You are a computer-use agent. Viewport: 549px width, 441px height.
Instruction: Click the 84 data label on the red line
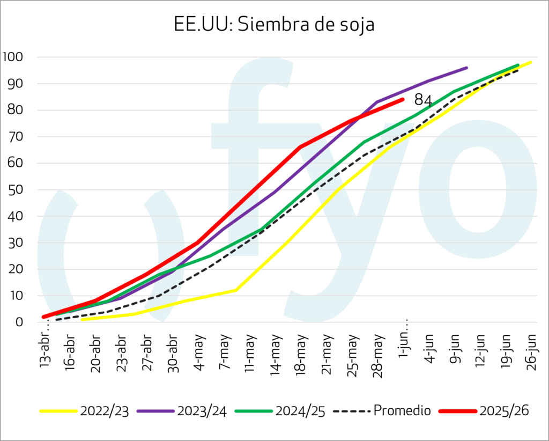(423, 100)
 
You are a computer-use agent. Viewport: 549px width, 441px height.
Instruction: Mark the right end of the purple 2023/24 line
(467, 68)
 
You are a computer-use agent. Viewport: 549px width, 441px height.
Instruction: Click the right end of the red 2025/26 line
(403, 99)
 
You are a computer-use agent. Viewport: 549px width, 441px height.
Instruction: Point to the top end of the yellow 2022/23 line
(531, 62)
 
